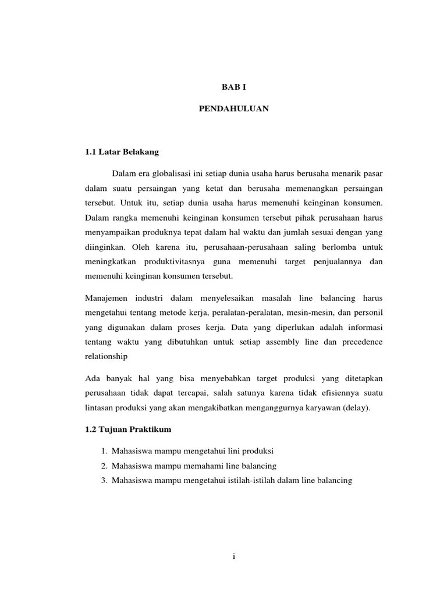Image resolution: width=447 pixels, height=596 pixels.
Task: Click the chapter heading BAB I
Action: (233, 86)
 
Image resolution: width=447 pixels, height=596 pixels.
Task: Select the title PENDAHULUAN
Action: (233, 109)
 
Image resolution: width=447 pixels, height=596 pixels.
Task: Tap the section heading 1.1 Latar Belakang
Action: (122, 152)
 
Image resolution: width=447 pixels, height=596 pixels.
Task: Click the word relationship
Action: (106, 356)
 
